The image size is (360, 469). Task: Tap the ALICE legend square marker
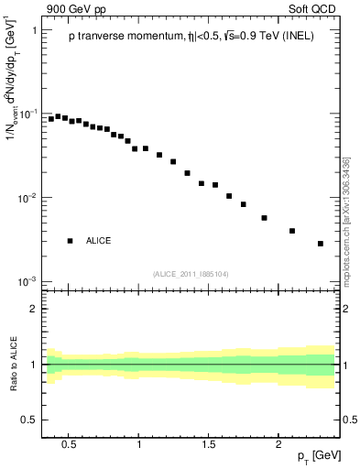click(70, 241)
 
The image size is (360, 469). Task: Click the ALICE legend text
click(98, 241)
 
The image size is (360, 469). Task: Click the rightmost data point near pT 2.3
click(321, 244)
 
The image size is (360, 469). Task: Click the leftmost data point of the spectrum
click(51, 119)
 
